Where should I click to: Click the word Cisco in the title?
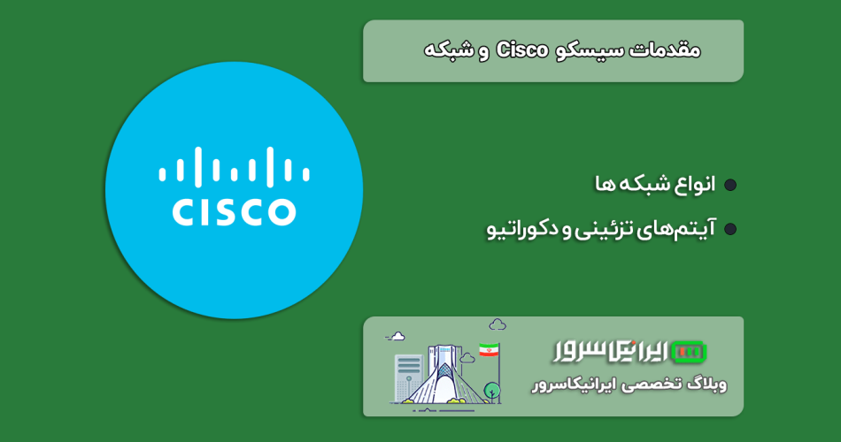522,50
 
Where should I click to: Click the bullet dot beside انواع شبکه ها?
730,185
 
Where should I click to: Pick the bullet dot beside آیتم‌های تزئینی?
730,229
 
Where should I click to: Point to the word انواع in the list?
694,184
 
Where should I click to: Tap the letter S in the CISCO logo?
217,211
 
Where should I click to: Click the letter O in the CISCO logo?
281,211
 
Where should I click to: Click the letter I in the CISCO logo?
200,211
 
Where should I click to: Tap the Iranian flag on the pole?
489,350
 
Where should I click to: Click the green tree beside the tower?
492,391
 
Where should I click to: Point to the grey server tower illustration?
408,377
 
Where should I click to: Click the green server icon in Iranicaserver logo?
689,352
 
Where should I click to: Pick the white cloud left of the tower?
397,337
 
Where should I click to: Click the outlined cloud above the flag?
498,324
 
